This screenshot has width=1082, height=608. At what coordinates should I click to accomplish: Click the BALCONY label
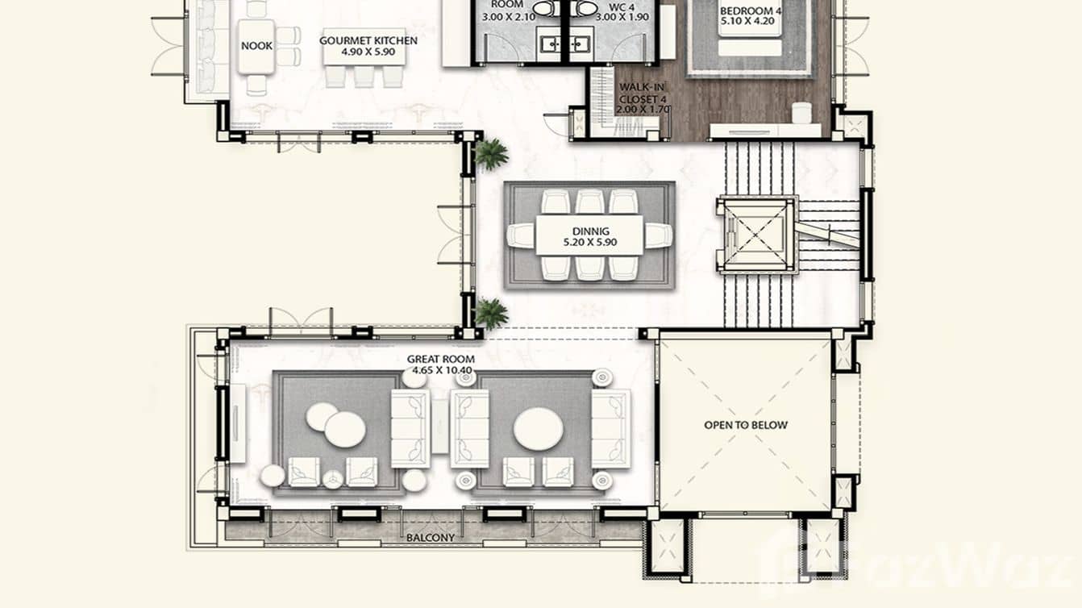(x=430, y=538)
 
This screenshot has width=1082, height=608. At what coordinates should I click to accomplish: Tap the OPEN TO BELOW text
(x=746, y=425)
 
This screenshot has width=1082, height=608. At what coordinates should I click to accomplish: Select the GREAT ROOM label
(x=440, y=360)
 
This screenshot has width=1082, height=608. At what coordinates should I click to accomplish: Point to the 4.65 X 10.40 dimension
(x=439, y=371)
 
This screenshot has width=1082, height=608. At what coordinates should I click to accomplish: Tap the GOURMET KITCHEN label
(x=368, y=40)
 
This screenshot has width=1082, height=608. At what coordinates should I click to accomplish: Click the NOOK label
(x=256, y=46)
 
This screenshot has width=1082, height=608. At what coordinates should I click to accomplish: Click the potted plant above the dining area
(x=491, y=153)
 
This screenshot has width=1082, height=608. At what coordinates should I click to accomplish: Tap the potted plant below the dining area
(x=491, y=313)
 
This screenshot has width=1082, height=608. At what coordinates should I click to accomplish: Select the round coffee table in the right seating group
(x=538, y=429)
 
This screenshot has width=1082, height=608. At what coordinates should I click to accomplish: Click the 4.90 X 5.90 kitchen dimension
(x=368, y=52)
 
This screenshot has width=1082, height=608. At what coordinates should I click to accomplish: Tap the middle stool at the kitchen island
(x=364, y=76)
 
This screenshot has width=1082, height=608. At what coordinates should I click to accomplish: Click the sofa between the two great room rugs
(x=470, y=427)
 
